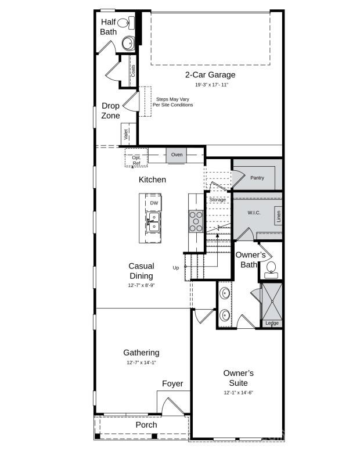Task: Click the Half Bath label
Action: pyautogui.click(x=109, y=27)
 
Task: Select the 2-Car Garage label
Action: pyautogui.click(x=210, y=75)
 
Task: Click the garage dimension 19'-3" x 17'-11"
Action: pyautogui.click(x=210, y=85)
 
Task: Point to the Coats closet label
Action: pyautogui.click(x=133, y=71)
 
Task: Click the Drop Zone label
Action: pyautogui.click(x=110, y=110)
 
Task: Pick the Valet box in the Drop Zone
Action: pyautogui.click(x=125, y=134)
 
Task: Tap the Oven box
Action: pyautogui.click(x=177, y=155)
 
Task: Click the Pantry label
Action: pyautogui.click(x=257, y=178)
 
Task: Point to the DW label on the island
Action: pyautogui.click(x=154, y=203)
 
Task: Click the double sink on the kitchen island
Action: pyautogui.click(x=153, y=222)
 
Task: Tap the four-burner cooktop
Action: pyautogui.click(x=196, y=221)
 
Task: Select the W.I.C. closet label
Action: pyautogui.click(x=254, y=213)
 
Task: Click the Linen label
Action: pyautogui.click(x=279, y=217)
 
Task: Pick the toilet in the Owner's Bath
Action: pyautogui.click(x=271, y=267)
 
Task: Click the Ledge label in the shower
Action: pyautogui.click(x=272, y=323)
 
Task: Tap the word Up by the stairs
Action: pyautogui.click(x=176, y=268)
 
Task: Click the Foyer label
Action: pyautogui.click(x=172, y=383)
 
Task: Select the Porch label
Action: pyautogui.click(x=146, y=425)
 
